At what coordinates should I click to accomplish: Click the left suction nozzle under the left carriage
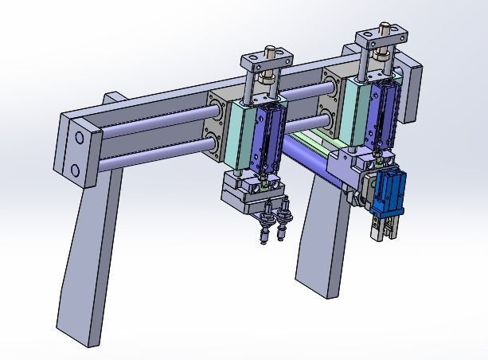click(x=263, y=229)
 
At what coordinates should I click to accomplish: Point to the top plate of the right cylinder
click(x=382, y=36)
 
